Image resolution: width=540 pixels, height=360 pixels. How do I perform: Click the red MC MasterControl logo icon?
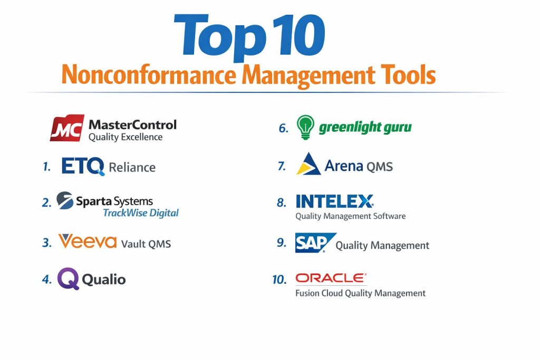67,128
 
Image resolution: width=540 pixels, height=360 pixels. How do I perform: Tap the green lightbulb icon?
305,127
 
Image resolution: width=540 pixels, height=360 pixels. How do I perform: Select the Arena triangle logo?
308,164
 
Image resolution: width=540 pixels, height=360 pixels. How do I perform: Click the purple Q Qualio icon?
68,278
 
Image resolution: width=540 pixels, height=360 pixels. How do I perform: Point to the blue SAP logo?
315,242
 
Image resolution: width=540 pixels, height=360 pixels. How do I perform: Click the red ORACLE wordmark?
331,278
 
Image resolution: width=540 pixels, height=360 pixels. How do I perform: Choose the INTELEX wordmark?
334,201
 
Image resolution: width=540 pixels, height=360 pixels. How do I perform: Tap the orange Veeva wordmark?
88,241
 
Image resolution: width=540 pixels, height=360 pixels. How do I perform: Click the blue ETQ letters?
83,166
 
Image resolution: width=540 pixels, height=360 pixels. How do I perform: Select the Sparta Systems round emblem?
65,200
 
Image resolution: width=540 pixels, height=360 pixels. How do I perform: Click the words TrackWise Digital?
141,213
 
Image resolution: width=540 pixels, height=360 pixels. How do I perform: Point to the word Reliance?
132,167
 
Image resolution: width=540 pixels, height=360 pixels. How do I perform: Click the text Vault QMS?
146,244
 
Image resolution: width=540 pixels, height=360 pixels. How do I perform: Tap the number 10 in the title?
299,35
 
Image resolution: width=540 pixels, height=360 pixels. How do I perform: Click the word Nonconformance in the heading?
149,75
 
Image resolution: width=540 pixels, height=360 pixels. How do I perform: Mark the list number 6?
283,129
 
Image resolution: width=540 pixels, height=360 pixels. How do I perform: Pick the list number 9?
282,242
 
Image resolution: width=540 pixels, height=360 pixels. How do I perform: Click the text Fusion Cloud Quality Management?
361,293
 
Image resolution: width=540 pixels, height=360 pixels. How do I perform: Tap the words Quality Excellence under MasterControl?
126,137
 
